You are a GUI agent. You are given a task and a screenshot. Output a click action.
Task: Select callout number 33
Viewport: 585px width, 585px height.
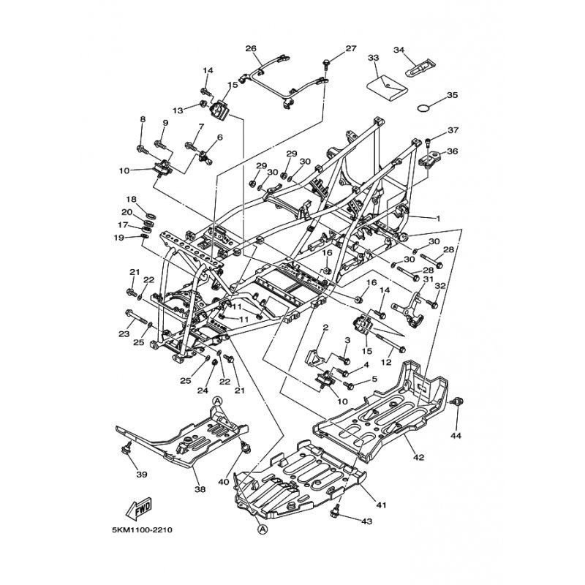(374, 57)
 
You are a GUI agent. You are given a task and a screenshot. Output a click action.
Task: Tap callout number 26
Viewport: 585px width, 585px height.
(251, 49)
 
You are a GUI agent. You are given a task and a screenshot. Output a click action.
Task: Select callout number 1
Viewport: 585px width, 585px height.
(438, 218)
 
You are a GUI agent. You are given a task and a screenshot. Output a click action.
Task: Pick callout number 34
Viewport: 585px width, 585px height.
(419, 50)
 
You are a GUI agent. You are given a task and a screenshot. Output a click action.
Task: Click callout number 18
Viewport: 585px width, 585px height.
(131, 199)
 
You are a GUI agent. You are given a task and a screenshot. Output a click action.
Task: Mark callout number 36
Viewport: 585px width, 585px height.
(452, 151)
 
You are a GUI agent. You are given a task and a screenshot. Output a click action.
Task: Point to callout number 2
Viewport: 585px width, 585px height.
(326, 328)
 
